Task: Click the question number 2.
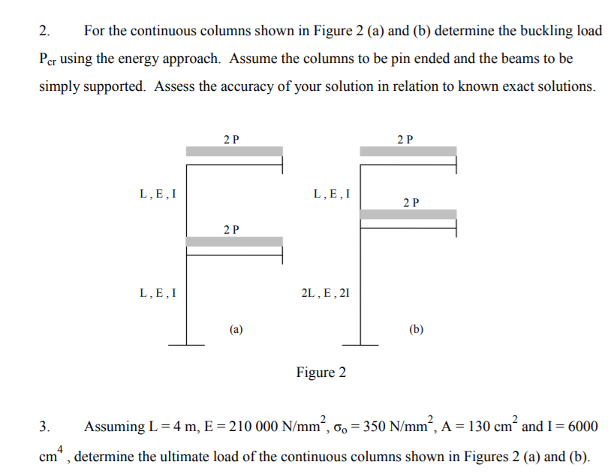tap(44, 32)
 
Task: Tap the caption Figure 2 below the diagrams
tap(321, 373)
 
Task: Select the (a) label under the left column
tap(236, 328)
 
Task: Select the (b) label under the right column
tap(417, 328)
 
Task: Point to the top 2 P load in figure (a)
tap(232, 139)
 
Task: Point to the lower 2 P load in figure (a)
tap(232, 229)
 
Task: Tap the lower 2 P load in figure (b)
tap(411, 202)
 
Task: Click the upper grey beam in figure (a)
tap(234, 152)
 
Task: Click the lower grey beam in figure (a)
tap(234, 242)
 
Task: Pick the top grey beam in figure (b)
tap(408, 152)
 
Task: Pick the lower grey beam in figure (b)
tap(408, 214)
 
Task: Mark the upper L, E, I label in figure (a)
tap(158, 194)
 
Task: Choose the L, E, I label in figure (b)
tap(331, 194)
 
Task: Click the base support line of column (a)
tap(186, 345)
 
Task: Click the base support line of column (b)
tap(361, 345)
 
